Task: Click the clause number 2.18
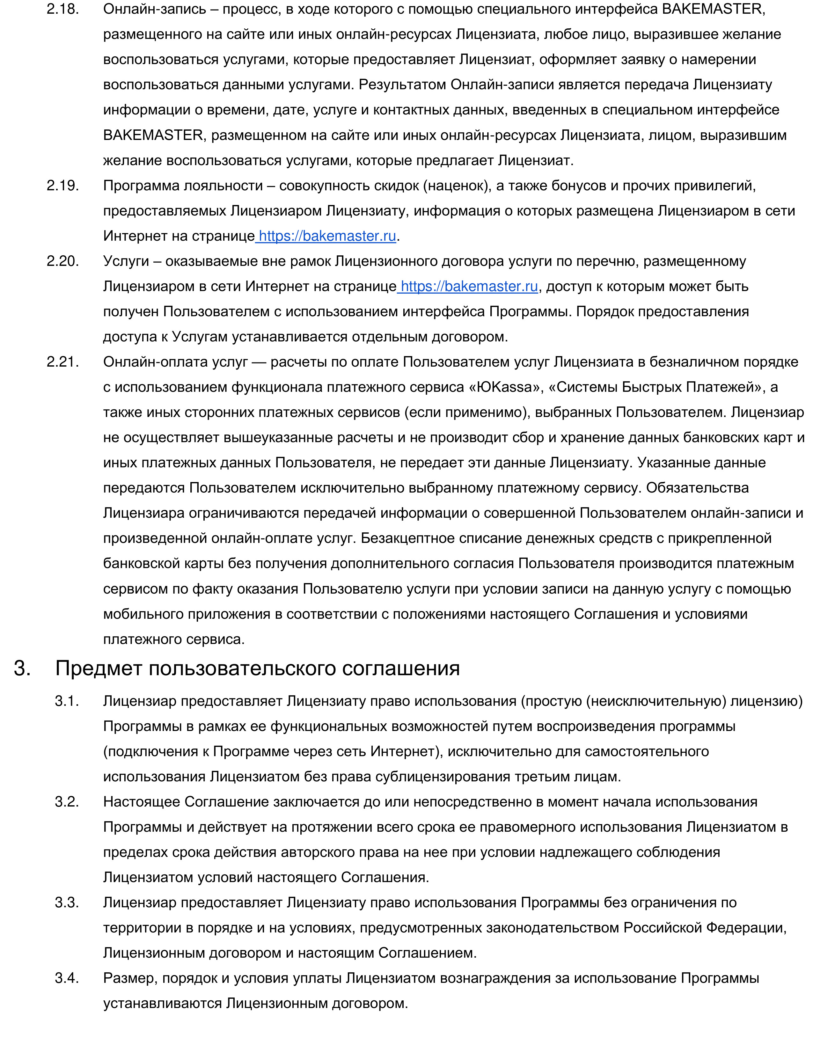(x=62, y=9)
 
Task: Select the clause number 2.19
(x=62, y=186)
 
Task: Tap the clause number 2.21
(x=62, y=362)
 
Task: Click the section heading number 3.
(x=22, y=668)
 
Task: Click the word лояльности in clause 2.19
(x=222, y=186)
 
